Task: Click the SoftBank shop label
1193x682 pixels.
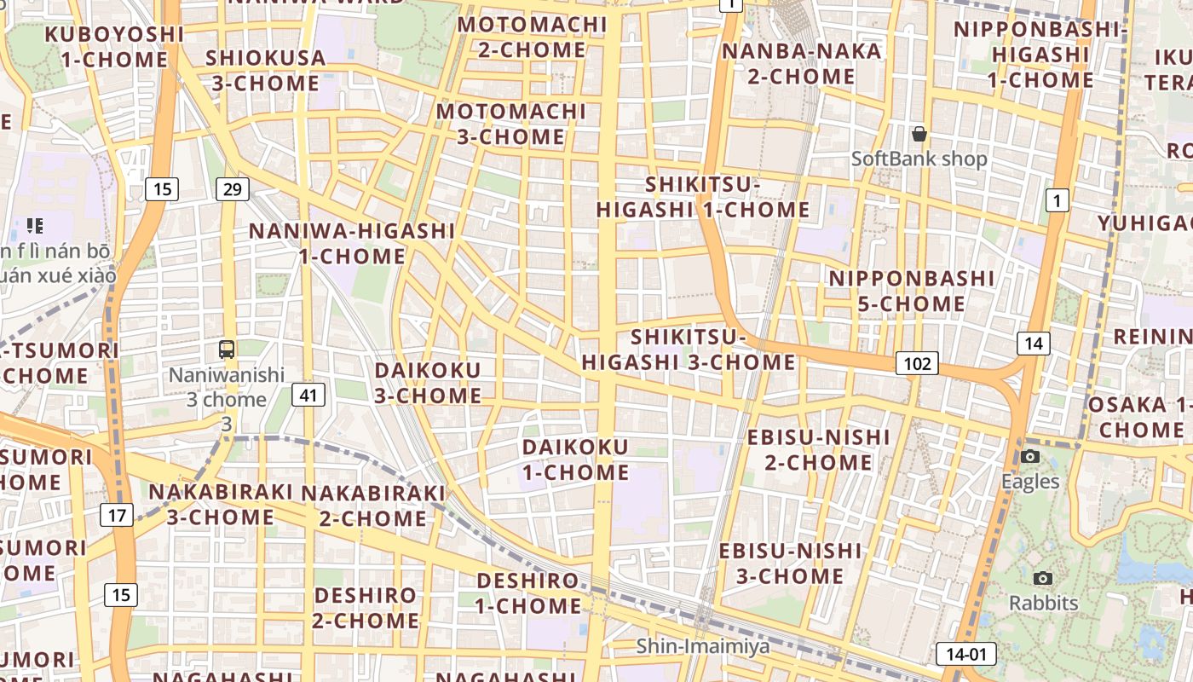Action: [919, 159]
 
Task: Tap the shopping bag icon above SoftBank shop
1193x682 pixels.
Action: [919, 134]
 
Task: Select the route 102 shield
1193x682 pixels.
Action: [917, 364]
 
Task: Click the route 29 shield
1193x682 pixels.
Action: [232, 189]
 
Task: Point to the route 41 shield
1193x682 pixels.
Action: [308, 394]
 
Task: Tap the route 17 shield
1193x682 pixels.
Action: [117, 515]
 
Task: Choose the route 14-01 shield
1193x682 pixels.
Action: [965, 655]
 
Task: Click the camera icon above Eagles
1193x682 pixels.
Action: [1030, 457]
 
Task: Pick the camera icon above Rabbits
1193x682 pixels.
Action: [1042, 579]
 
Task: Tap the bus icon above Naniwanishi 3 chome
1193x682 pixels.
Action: [227, 349]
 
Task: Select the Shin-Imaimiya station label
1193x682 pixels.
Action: [703, 646]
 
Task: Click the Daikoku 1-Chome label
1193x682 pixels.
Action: [575, 459]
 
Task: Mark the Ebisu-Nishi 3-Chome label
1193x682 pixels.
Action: [790, 563]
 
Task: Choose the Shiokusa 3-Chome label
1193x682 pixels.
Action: [265, 71]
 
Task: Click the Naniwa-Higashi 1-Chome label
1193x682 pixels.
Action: [352, 243]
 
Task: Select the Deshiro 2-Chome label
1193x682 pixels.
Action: [366, 607]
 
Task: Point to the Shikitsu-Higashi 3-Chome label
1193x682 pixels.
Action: [689, 350]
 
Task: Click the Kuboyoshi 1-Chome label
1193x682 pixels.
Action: [114, 47]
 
